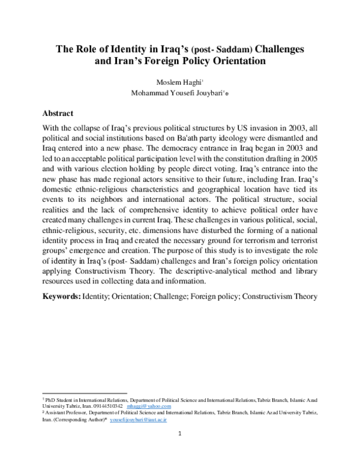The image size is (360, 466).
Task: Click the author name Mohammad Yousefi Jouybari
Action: pyautogui.click(x=176, y=93)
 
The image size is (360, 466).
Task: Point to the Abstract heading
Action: pyautogui.click(x=58, y=113)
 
